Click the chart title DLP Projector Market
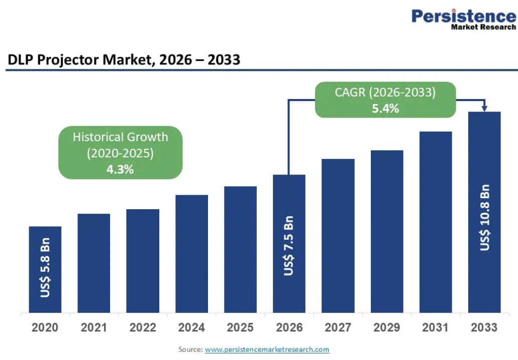[124, 60]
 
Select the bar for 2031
[436, 222]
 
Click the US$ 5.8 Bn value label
[45, 272]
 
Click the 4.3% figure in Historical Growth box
[120, 169]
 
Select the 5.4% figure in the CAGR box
[385, 108]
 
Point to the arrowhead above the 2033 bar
[484, 108]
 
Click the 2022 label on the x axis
[143, 328]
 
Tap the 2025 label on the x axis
[240, 328]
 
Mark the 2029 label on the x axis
[387, 328]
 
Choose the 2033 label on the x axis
[484, 328]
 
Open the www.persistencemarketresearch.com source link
[267, 349]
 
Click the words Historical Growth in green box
[120, 137]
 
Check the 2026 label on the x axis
[289, 328]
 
